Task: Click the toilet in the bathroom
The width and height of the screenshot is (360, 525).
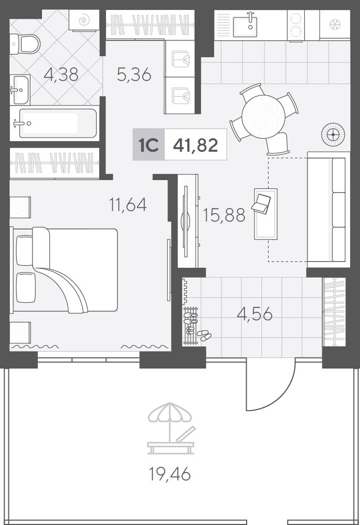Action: [x=25, y=44]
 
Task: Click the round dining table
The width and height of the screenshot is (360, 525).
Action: [x=263, y=118]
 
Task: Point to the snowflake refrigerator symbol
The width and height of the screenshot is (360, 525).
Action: [x=334, y=25]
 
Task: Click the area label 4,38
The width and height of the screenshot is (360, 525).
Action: [x=61, y=75]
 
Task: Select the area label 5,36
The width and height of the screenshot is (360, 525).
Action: [x=134, y=75]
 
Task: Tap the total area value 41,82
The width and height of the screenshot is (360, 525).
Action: [x=196, y=145]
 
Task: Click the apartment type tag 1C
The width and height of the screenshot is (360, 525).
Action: [x=149, y=145]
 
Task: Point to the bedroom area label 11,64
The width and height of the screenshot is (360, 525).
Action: [x=128, y=205]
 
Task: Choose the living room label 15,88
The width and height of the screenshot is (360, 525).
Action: [x=224, y=215]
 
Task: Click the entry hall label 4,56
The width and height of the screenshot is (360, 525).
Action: [x=255, y=314]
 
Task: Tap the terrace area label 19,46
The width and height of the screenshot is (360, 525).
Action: [x=170, y=474]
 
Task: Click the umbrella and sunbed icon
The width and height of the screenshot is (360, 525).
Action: [x=171, y=428]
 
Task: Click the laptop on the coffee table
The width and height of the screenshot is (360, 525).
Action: [x=261, y=203]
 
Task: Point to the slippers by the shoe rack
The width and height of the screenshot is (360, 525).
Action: [x=204, y=335]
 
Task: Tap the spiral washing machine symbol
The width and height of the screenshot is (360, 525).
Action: [x=84, y=20]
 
